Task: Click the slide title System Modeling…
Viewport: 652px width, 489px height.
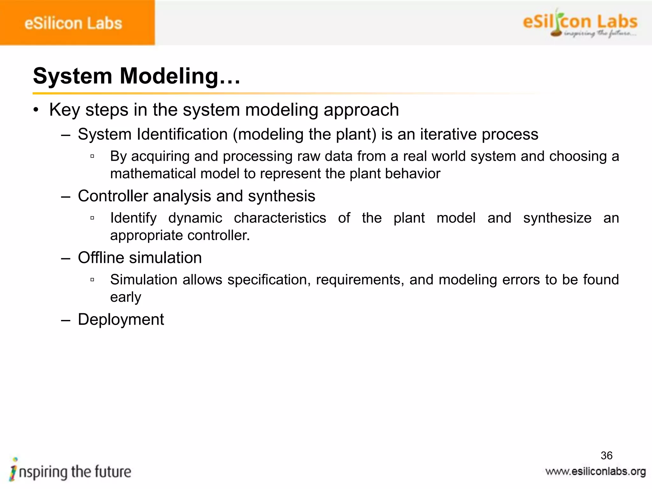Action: [136, 76]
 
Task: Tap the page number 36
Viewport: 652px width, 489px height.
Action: [606, 456]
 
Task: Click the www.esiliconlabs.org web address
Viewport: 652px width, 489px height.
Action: [595, 471]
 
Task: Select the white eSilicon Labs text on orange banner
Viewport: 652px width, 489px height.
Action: [73, 24]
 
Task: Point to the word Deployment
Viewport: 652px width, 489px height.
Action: [121, 319]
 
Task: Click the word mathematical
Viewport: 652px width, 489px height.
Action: [152, 174]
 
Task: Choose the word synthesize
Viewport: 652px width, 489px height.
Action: [557, 218]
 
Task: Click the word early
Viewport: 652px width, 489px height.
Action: [125, 297]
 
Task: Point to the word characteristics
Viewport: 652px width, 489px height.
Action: [280, 218]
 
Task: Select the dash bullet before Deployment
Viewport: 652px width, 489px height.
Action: [65, 320]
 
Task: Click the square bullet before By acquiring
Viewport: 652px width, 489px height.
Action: [92, 156]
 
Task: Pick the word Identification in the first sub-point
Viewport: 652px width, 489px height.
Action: [182, 134]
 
